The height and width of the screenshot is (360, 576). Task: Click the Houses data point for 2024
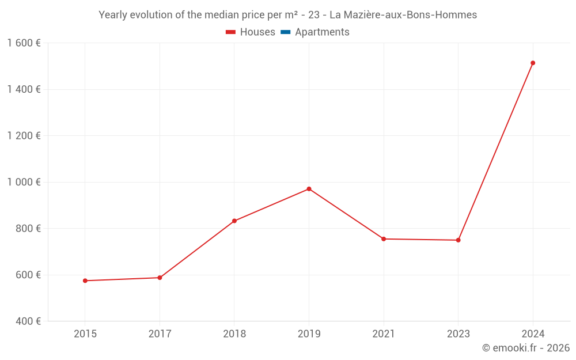[x=533, y=63]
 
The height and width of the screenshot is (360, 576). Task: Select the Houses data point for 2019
[x=309, y=189]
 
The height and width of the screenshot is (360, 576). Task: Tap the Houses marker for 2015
[x=85, y=281]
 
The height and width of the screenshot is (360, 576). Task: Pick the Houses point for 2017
[x=160, y=278]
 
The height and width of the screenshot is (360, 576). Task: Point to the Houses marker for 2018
[x=234, y=221]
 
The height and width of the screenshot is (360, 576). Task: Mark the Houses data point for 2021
[x=384, y=239]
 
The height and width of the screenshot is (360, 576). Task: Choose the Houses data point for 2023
[x=458, y=240]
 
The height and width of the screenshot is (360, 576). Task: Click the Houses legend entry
[x=251, y=32]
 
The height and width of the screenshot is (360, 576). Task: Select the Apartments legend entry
[x=315, y=32]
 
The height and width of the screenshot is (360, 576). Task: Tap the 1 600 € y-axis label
[x=24, y=43]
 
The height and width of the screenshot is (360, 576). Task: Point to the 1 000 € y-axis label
[x=24, y=182]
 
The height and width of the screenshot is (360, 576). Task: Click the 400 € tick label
[x=28, y=321]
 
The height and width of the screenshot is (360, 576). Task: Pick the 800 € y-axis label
[x=28, y=229]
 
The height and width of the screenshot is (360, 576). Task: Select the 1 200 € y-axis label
[x=24, y=136]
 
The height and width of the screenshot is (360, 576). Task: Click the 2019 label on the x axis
[x=309, y=334]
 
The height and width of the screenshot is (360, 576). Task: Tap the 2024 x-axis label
[x=533, y=334]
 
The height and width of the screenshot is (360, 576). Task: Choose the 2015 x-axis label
[x=85, y=334]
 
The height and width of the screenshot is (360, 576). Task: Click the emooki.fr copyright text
[x=526, y=348]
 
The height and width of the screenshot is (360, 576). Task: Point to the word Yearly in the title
[x=113, y=15]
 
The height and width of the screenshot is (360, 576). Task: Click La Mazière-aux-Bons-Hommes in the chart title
[x=403, y=15]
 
